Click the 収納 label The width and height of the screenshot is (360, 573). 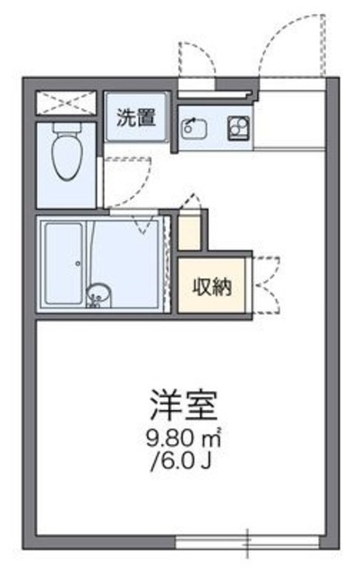[211, 286]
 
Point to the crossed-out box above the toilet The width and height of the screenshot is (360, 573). [64, 101]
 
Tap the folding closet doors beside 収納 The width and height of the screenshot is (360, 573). [265, 286]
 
